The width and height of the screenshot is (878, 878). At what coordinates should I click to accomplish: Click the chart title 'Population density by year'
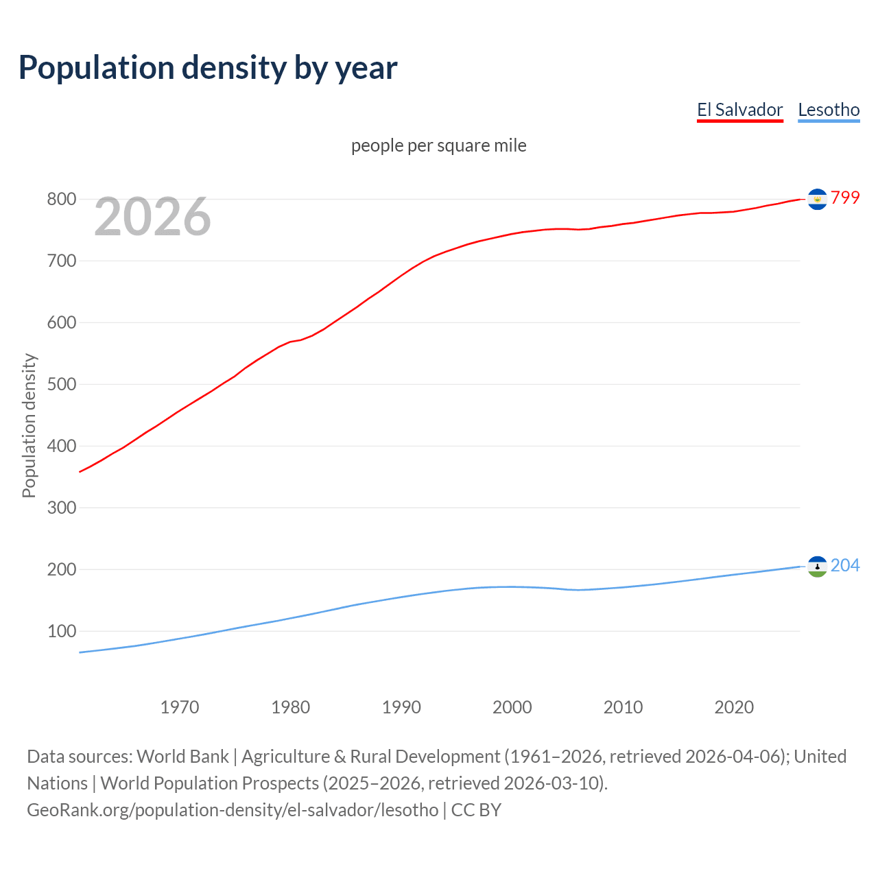pyautogui.click(x=208, y=68)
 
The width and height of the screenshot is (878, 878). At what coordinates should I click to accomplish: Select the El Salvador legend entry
pyautogui.click(x=739, y=110)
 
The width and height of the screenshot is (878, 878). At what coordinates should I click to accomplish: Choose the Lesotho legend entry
pyautogui.click(x=829, y=110)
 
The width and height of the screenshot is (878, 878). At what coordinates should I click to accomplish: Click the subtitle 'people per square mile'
pyautogui.click(x=438, y=145)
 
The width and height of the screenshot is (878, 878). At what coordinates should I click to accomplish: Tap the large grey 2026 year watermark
pyautogui.click(x=152, y=217)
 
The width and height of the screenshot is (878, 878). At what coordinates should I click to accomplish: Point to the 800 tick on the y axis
pyautogui.click(x=61, y=200)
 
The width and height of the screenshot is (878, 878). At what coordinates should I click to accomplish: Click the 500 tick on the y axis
pyautogui.click(x=61, y=385)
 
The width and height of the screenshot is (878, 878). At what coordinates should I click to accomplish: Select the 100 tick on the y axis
pyautogui.click(x=61, y=632)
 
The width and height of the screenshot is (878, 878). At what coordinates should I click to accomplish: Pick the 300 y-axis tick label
pyautogui.click(x=61, y=508)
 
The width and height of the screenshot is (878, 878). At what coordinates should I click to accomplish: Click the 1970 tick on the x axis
pyautogui.click(x=180, y=707)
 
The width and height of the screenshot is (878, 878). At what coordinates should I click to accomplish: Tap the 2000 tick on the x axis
pyautogui.click(x=512, y=707)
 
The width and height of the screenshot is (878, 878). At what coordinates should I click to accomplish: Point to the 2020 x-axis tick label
pyautogui.click(x=734, y=707)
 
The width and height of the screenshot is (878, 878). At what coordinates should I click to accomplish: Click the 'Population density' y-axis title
pyautogui.click(x=29, y=425)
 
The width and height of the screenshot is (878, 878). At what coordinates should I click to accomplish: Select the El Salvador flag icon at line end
pyautogui.click(x=817, y=199)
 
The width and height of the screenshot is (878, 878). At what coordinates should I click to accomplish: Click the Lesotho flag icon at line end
pyautogui.click(x=817, y=567)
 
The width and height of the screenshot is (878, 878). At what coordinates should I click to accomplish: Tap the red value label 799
pyautogui.click(x=845, y=198)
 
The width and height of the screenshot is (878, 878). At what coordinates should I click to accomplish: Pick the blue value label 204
pyautogui.click(x=845, y=566)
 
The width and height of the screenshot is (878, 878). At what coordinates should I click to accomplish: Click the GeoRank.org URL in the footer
pyautogui.click(x=233, y=810)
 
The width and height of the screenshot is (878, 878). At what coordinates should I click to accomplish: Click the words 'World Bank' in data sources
pyautogui.click(x=182, y=757)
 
